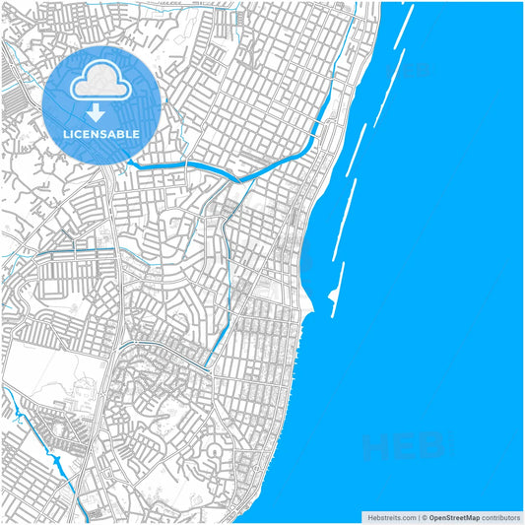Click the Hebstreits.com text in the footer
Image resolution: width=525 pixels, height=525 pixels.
point(391,517)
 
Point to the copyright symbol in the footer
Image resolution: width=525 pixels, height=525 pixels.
point(425,517)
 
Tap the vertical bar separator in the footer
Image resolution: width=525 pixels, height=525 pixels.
point(418,517)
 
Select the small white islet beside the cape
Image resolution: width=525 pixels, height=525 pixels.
point(331,295)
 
